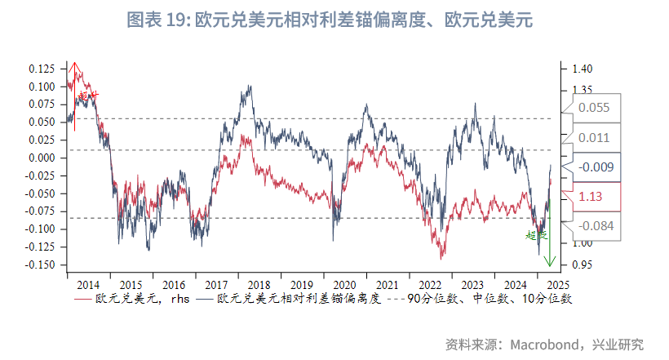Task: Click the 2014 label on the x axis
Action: pos(88,285)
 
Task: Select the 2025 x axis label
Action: pos(558,285)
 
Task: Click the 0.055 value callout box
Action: pos(594,107)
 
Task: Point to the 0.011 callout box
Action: pos(594,137)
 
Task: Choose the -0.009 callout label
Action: pos(594,167)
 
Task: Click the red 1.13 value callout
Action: pos(591,197)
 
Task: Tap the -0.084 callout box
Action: pos(594,226)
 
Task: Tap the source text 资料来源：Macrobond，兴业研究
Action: pos(544,344)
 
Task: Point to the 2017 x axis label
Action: pos(217,285)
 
